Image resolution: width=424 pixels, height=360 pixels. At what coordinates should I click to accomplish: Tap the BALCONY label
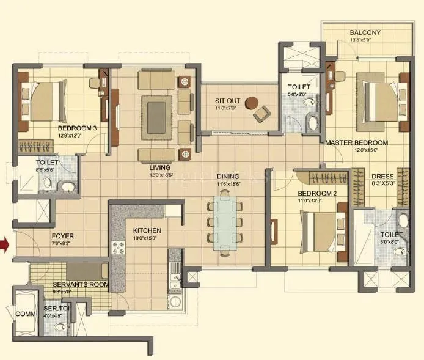[365, 33]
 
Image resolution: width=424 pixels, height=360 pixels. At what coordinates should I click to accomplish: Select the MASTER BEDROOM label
[357, 142]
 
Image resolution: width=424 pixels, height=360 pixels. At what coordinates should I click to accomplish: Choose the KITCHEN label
[147, 230]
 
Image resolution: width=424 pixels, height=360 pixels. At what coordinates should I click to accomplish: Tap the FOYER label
[63, 235]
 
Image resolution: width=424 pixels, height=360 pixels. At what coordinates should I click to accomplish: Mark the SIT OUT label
[229, 101]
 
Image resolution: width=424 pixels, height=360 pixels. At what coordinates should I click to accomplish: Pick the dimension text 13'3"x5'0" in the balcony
[365, 40]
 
